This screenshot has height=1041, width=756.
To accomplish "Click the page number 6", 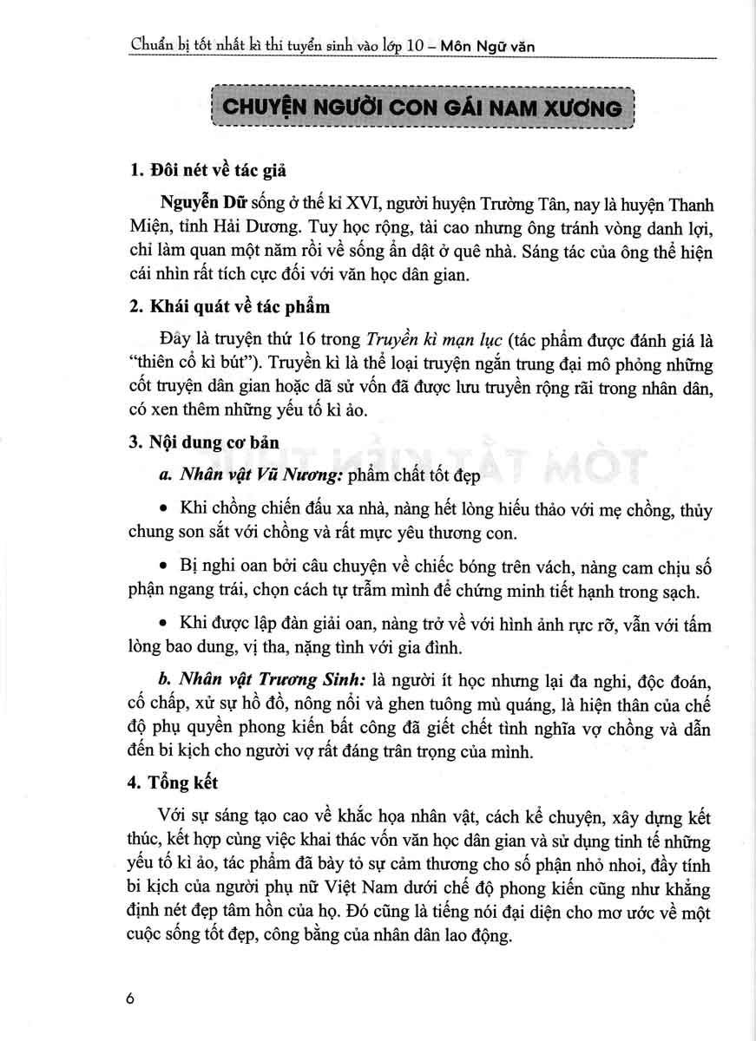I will click(131, 998).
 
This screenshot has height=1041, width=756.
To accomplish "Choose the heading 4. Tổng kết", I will click(174, 782).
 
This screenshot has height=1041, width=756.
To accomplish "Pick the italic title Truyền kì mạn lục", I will click(431, 339).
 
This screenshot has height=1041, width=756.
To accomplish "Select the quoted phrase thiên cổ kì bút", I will click(185, 362).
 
